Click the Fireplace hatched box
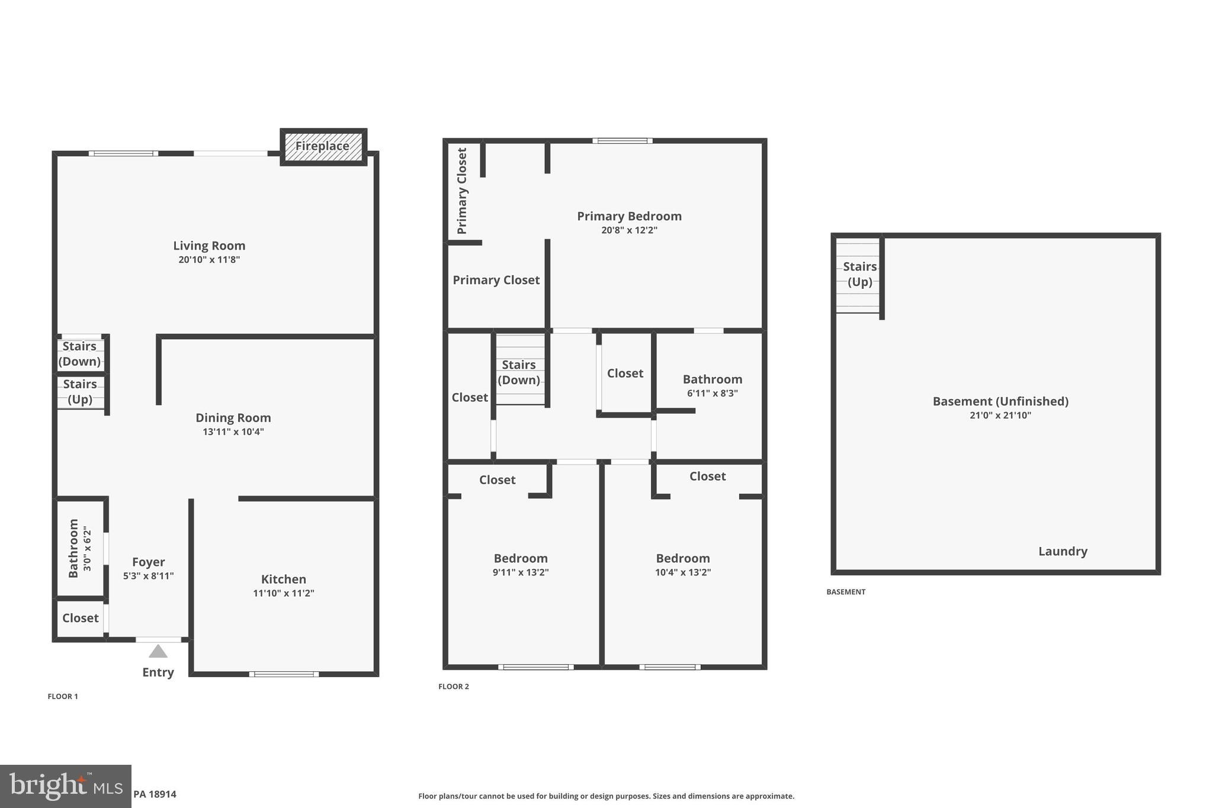323,146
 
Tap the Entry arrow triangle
158,651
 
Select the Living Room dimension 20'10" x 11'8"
209,260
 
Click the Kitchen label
284,580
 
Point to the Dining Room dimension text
233,432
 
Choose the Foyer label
148,562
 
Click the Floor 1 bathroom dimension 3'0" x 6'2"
88,549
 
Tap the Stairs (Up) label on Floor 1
80,392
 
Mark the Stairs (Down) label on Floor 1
79,354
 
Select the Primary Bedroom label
629,216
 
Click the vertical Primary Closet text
462,191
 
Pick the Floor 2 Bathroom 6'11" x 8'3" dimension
712,393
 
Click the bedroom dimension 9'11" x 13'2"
521,572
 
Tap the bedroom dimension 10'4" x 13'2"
683,572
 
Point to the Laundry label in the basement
1063,552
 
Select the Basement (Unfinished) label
1000,401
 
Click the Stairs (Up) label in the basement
859,274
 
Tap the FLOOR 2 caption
454,687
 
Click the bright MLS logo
66,786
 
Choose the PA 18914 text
155,794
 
